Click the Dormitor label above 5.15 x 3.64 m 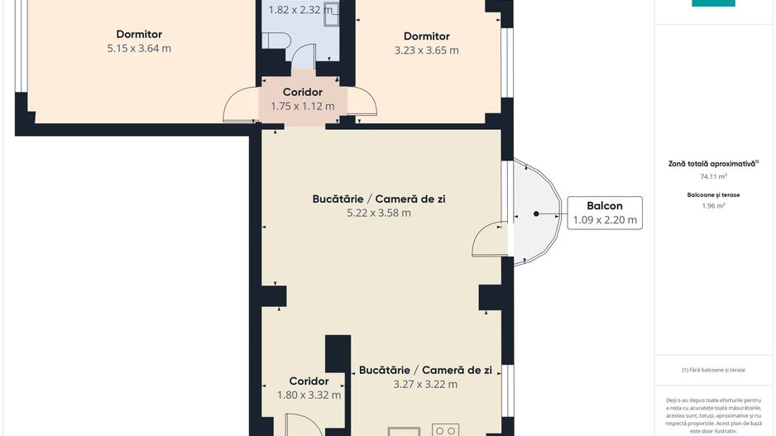[x=139, y=34]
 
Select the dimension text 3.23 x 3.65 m [x=426, y=50]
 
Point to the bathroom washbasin [x=330, y=10]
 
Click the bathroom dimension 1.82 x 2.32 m [x=302, y=11]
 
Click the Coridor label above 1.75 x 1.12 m [x=302, y=92]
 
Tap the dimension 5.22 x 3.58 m [x=379, y=213]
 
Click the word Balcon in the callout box [x=604, y=206]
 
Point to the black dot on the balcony [x=536, y=213]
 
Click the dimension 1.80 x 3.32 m [x=309, y=395]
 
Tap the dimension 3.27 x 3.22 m [x=425, y=384]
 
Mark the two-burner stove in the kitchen [x=447, y=429]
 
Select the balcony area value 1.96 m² [x=712, y=206]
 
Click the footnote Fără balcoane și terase [x=712, y=370]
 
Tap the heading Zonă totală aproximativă [x=712, y=164]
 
